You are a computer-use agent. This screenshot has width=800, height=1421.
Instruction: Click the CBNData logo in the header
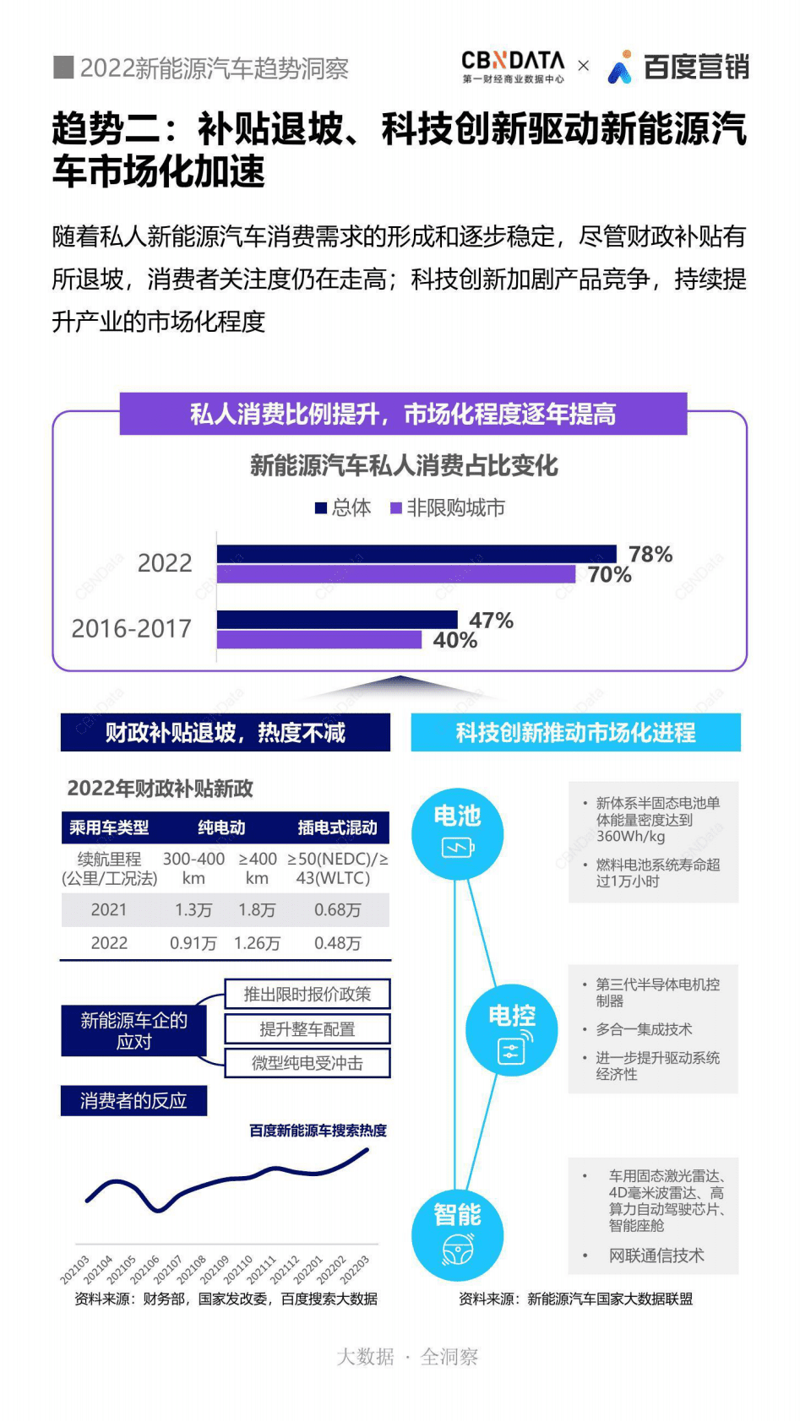(513, 66)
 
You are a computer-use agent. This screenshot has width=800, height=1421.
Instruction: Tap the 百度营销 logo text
(694, 67)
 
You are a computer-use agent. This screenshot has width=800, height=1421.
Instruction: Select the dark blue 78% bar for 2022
(416, 554)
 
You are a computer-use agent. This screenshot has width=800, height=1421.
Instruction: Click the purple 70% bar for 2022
(395, 574)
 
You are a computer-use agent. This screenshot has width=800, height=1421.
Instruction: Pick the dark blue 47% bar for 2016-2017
(336, 620)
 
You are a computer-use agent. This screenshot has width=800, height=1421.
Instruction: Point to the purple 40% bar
(318, 640)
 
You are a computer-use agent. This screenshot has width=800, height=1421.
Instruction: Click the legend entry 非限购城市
(448, 507)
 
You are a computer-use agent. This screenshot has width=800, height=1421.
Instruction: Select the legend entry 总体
(343, 507)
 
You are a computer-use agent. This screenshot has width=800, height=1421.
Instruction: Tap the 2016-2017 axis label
(131, 628)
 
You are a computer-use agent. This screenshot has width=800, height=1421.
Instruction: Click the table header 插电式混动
(337, 827)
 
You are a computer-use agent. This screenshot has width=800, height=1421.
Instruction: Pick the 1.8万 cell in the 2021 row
(257, 909)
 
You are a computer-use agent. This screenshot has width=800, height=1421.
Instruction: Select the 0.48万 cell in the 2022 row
(337, 943)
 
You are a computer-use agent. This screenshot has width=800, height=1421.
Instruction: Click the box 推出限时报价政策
(307, 994)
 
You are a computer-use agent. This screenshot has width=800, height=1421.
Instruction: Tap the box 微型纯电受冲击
(307, 1063)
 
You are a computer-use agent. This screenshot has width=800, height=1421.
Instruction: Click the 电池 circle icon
(457, 833)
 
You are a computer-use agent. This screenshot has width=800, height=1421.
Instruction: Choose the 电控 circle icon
(512, 1028)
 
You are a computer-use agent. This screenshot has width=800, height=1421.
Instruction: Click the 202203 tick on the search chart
(356, 1269)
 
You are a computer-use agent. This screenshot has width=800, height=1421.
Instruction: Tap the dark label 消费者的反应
(133, 1100)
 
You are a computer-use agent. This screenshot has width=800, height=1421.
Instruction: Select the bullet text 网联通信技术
(656, 1256)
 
